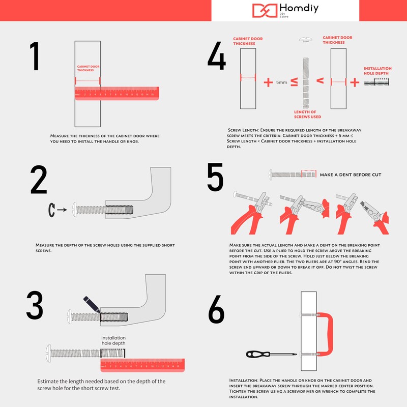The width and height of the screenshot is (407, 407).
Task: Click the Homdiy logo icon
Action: pos(265,11)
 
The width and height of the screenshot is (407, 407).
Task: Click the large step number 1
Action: pos(35,56)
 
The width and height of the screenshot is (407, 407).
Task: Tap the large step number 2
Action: pos(39,181)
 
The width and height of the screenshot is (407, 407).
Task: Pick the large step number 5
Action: pos(215,178)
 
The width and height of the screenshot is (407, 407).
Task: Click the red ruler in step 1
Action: pos(117,93)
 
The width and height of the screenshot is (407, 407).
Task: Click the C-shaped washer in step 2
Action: pos(51,209)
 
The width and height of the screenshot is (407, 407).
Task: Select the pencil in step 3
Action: pos(92,304)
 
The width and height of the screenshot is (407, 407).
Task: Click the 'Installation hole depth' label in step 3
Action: pos(113,341)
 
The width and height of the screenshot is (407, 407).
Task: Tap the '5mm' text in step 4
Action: pos(281,82)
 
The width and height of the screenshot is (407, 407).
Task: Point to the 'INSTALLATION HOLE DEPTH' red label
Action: pos(377,71)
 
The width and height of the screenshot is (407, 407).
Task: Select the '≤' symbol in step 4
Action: pos(294,81)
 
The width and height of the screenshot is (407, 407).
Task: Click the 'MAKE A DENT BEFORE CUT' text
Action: pos(350,175)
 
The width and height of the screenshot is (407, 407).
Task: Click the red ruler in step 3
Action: pos(142,364)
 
